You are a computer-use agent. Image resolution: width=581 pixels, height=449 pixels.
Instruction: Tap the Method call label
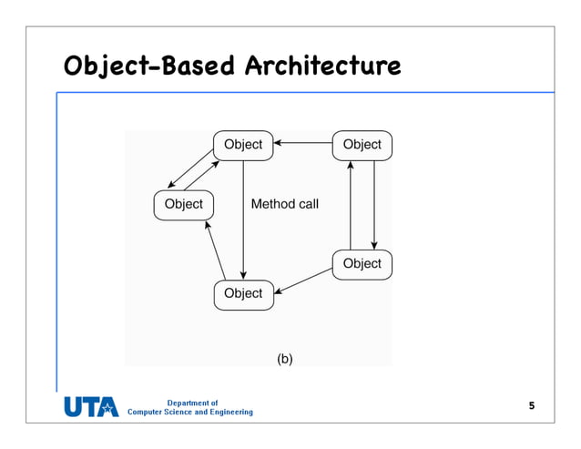pos(284,204)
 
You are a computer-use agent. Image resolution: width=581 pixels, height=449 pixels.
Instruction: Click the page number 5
pos(532,404)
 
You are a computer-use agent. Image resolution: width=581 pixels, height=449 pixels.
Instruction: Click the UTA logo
pos(91,407)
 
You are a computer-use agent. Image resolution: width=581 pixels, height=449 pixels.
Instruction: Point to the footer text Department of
pos(192,403)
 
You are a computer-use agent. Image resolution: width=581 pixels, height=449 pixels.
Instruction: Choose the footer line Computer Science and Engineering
pos(190,413)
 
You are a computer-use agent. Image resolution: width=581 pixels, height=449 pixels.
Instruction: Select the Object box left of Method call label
pos(183,204)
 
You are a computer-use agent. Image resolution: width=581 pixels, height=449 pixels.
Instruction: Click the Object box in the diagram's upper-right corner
pos(362,145)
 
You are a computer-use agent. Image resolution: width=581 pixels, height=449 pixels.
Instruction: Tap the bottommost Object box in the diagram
pos(243,293)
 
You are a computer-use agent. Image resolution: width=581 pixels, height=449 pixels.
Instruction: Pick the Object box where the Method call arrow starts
pos(243,145)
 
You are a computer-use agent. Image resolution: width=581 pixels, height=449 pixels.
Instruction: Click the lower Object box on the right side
pos(362,263)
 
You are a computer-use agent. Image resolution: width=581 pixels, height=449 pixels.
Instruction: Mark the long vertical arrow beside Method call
pos(243,219)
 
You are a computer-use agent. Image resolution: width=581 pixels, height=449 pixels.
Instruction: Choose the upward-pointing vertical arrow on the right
pos(351,204)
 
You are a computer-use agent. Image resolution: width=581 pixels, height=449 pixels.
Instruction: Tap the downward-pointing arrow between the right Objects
pos(374,204)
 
